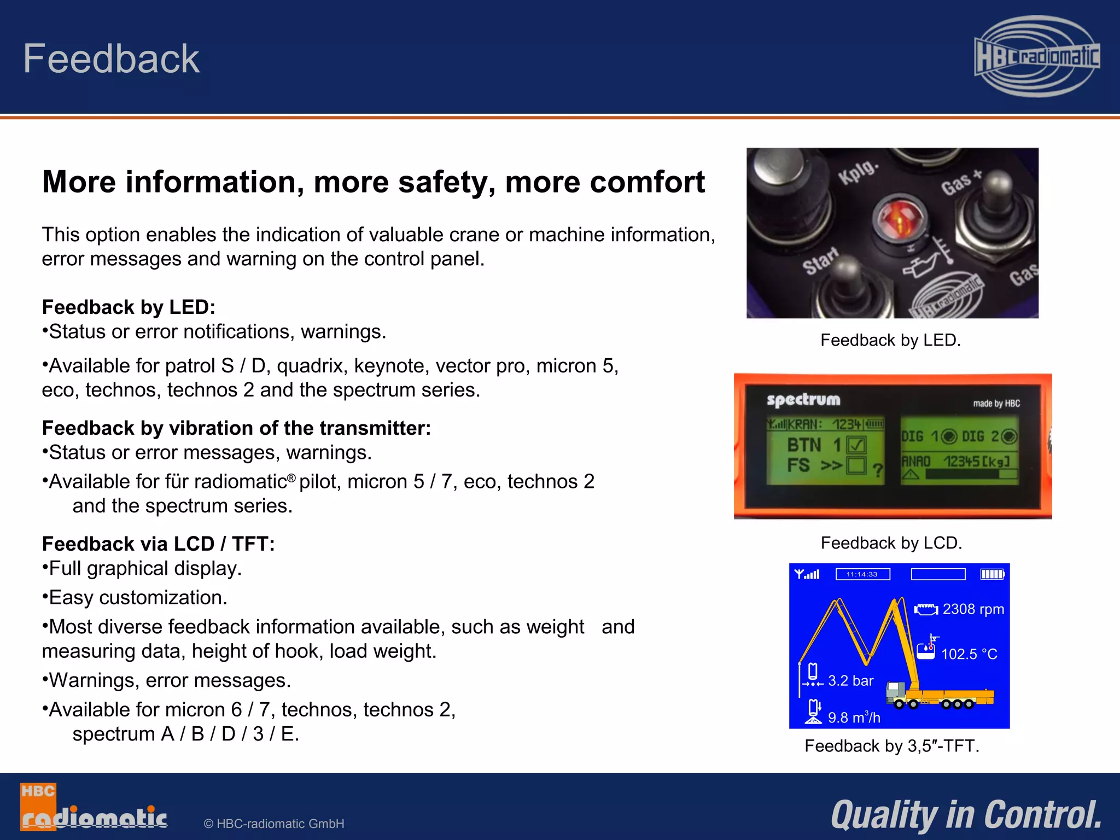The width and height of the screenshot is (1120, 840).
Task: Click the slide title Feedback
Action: pyautogui.click(x=111, y=59)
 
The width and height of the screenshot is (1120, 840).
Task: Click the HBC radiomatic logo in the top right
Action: pyautogui.click(x=1037, y=57)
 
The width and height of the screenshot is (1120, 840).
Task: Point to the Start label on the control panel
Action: pyautogui.click(x=820, y=260)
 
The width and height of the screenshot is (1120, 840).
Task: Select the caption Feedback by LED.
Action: pyautogui.click(x=890, y=340)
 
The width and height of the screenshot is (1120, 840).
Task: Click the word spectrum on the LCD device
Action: pyautogui.click(x=803, y=400)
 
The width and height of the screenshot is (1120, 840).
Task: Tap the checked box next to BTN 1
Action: pyautogui.click(x=856, y=445)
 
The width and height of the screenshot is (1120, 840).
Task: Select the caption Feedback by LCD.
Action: pyautogui.click(x=891, y=543)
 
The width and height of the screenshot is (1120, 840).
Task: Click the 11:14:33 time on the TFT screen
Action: pyautogui.click(x=862, y=574)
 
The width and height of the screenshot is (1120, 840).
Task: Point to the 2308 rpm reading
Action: pyautogui.click(x=973, y=609)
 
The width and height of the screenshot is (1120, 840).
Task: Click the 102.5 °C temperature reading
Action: pyautogui.click(x=969, y=654)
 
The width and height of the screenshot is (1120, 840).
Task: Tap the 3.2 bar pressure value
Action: pyautogui.click(x=850, y=681)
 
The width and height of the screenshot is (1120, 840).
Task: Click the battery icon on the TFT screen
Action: pyautogui.click(x=992, y=574)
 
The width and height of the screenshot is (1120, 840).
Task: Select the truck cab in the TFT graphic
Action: pyautogui.click(x=895, y=692)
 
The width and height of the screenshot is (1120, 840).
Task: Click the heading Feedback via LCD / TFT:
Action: pyautogui.click(x=158, y=544)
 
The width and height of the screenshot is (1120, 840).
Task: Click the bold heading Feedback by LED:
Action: pyautogui.click(x=129, y=307)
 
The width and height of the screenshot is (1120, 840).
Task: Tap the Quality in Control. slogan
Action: pyautogui.click(x=966, y=815)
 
